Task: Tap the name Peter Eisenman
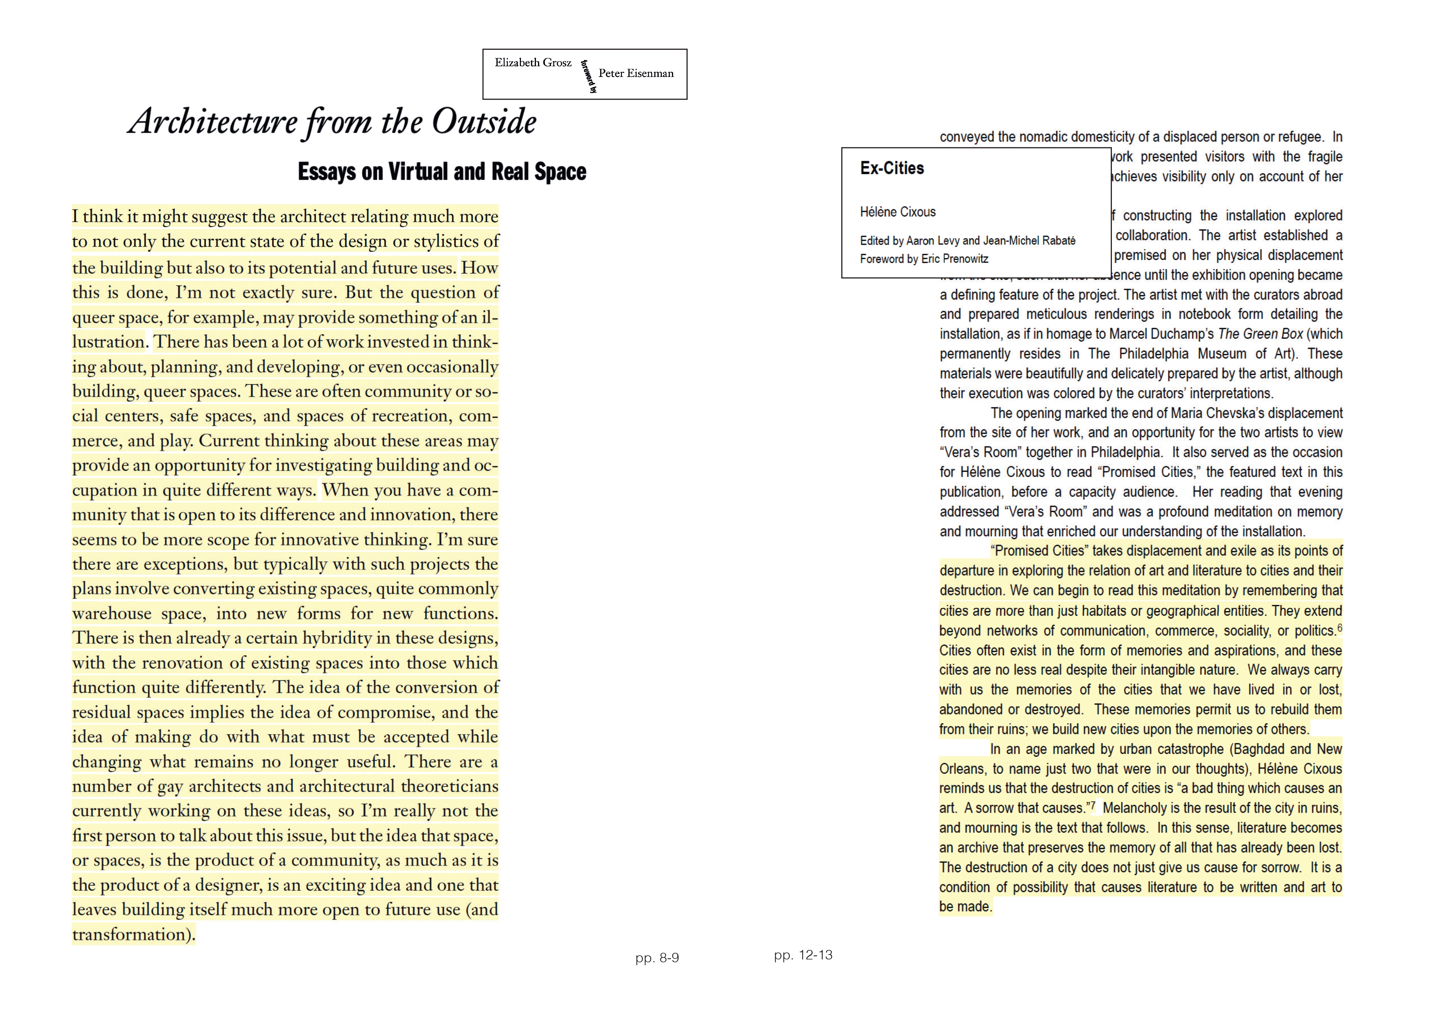(636, 73)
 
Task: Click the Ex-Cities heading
(892, 168)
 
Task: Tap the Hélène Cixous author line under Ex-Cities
(898, 212)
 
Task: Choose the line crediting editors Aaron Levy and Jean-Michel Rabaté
(967, 241)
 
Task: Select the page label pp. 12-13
(803, 955)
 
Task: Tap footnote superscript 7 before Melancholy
(1092, 805)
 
